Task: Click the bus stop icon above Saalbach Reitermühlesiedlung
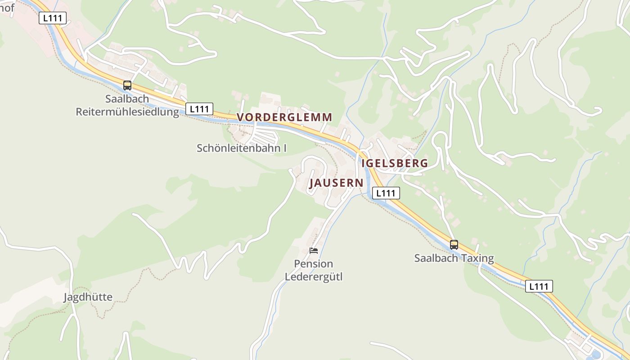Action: [127, 85]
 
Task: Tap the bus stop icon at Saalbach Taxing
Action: [454, 245]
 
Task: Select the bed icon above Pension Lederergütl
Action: [314, 251]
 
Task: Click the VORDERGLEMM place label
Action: [284, 117]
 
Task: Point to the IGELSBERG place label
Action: [395, 163]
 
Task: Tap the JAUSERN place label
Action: [336, 183]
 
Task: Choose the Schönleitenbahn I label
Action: [241, 148]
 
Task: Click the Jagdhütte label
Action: [88, 297]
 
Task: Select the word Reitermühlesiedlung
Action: [127, 112]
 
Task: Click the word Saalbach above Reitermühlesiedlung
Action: [127, 99]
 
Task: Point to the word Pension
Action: [314, 264]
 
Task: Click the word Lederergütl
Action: [314, 276]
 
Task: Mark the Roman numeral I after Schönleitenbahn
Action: [284, 148]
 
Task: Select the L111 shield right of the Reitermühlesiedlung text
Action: [199, 109]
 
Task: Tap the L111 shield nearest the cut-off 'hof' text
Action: [53, 18]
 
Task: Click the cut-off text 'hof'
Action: [7, 8]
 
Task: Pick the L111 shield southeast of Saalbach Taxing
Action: [539, 286]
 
